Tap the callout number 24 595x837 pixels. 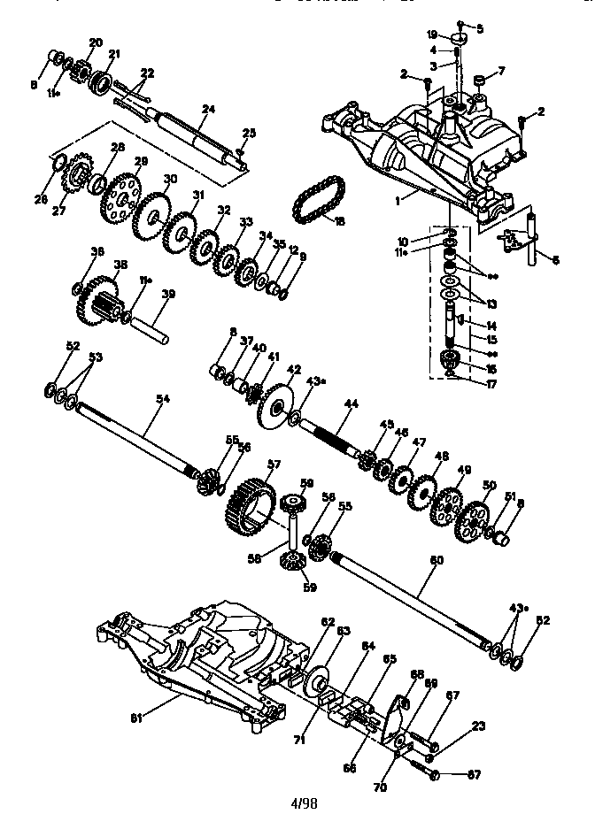(x=208, y=110)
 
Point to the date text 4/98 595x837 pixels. (x=303, y=803)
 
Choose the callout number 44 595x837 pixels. (x=352, y=403)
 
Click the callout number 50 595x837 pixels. (x=488, y=485)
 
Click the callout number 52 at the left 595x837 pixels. (x=73, y=346)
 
